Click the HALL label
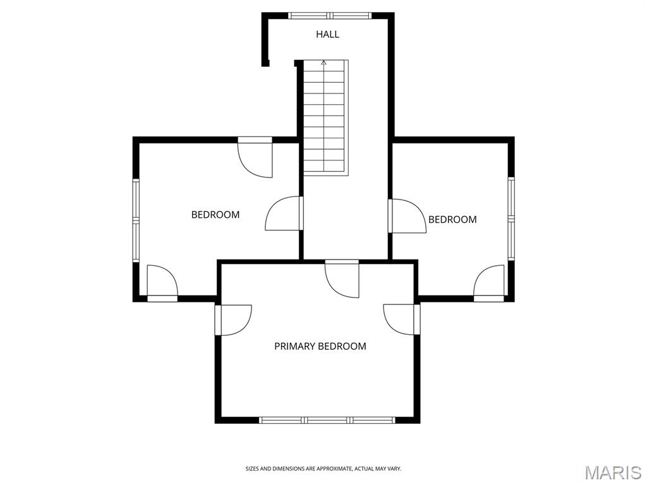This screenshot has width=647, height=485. (328, 34)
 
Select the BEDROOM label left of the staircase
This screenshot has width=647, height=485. (215, 215)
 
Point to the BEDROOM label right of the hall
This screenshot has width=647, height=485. (452, 219)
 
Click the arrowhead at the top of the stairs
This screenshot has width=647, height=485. (324, 63)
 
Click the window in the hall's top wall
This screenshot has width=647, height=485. (329, 16)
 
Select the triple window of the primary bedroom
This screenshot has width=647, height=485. (327, 420)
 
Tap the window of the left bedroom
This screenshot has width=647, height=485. (136, 220)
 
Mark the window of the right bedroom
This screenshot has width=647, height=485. (511, 219)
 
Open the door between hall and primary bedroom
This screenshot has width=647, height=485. (342, 278)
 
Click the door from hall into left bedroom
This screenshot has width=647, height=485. (284, 213)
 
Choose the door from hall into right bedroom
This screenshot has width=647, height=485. (408, 216)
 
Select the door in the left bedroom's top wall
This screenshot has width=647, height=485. (255, 157)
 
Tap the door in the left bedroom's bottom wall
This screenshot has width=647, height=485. (162, 284)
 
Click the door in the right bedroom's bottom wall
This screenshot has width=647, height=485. (489, 284)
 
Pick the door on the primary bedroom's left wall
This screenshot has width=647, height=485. (233, 320)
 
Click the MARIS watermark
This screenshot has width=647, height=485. (613, 472)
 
